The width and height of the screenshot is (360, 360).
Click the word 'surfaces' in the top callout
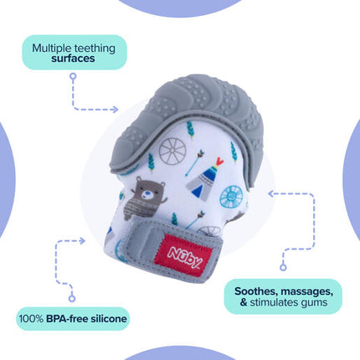(73, 59)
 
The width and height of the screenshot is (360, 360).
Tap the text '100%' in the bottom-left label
(31, 318)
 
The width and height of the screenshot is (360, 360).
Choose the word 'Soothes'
(256, 291)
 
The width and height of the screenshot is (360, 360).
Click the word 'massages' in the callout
(307, 291)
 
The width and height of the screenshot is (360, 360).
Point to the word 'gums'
(314, 303)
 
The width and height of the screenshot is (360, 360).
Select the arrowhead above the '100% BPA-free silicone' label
(81, 241)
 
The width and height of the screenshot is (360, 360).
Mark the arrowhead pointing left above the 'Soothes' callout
(272, 193)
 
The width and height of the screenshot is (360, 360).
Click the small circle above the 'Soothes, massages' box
(283, 267)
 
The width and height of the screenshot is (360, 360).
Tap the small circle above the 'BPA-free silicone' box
(72, 298)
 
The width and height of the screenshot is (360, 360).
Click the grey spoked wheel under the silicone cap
(172, 151)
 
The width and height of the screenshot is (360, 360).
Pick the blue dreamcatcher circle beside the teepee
(232, 197)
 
